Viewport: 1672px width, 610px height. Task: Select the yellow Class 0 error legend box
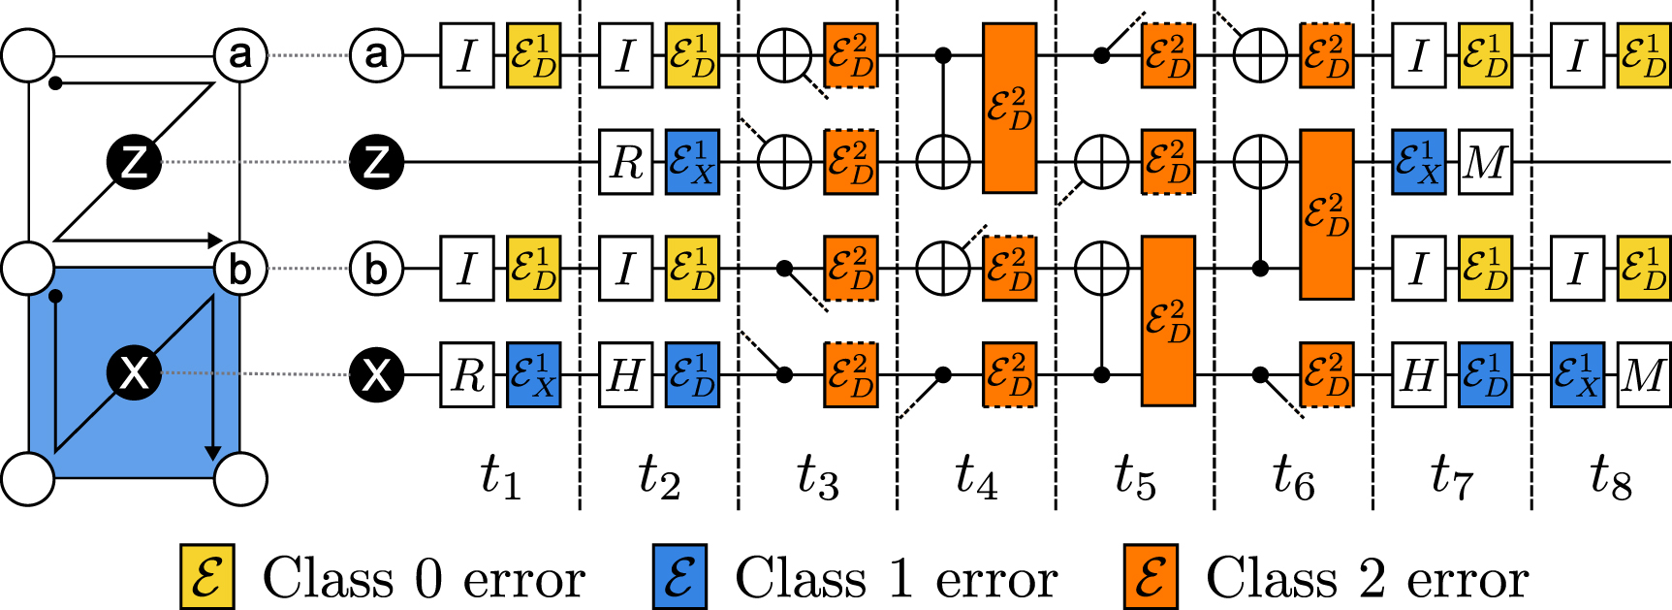click(206, 577)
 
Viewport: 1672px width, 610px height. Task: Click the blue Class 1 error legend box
click(679, 577)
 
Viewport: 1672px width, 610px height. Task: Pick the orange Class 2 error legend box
click(1151, 577)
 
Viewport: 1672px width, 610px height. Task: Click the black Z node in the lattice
click(134, 162)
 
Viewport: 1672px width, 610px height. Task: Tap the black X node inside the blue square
click(134, 373)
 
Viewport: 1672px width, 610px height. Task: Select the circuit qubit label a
click(376, 54)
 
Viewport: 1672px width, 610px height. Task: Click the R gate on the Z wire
click(626, 162)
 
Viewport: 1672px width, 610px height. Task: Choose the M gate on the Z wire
click(1485, 162)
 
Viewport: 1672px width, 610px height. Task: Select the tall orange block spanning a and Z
click(1009, 109)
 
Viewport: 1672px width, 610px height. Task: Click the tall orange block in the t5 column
click(1168, 320)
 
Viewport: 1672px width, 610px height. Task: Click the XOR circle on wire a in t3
click(784, 54)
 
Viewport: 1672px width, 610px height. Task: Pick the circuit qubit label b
click(376, 269)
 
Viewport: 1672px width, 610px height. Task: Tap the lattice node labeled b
click(239, 269)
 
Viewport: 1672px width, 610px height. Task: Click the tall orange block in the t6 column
click(1326, 214)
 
